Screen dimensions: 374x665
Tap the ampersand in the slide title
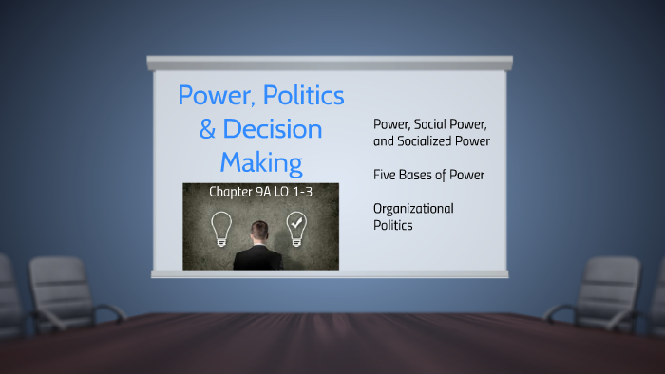(x=207, y=129)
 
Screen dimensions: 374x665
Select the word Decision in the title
(x=275, y=129)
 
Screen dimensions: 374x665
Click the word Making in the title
(x=261, y=161)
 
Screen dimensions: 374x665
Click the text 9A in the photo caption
(x=270, y=192)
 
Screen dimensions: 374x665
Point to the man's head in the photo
(x=258, y=231)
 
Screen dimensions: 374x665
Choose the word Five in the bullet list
(x=386, y=175)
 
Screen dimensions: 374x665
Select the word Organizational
(x=413, y=208)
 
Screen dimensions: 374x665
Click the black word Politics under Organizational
(x=393, y=225)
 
